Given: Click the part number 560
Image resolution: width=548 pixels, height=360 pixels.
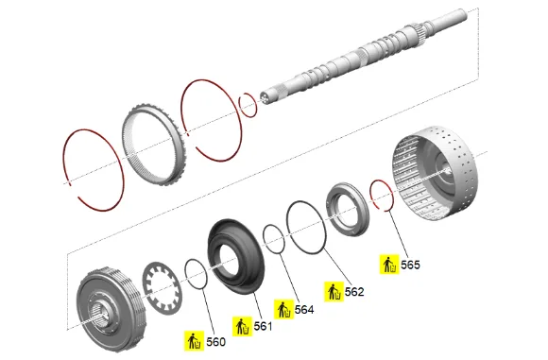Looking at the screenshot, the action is (215, 342).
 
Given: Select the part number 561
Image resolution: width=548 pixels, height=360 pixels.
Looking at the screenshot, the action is (263, 326).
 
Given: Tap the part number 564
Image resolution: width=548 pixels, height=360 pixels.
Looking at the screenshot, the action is (304, 310).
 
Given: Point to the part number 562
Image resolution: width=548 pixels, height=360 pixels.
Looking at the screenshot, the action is (354, 292).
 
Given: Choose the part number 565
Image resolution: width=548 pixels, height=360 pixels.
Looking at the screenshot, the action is (410, 265).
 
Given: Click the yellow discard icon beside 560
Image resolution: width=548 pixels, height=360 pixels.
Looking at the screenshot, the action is (195, 341).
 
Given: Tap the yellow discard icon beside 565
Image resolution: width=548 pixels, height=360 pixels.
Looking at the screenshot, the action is (389, 265).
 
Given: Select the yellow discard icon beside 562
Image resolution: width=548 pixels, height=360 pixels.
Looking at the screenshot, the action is (334, 291).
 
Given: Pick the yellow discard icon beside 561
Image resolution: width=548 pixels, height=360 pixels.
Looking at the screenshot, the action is (242, 326).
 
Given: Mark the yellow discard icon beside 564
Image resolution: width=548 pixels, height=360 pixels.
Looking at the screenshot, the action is (283, 309).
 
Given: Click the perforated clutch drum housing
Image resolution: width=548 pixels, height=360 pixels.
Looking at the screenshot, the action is (436, 173).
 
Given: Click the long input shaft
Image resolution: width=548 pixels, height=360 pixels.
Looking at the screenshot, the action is (364, 56).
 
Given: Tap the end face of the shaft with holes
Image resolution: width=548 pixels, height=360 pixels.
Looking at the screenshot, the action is (265, 98).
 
